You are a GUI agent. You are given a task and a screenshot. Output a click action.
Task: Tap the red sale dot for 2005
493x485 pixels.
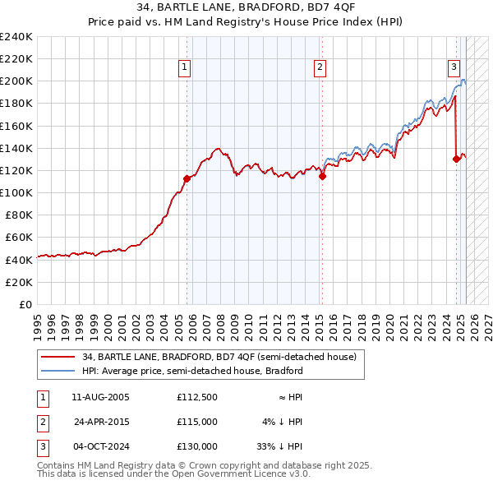coord(187,178)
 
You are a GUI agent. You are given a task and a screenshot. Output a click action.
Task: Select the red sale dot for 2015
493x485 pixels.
coord(323,175)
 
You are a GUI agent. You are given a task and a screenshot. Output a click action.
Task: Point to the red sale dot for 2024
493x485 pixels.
coord(456,159)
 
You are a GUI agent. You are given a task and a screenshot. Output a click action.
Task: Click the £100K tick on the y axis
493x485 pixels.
coord(16,192)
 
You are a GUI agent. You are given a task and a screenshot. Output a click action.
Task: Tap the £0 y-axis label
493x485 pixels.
coord(25,304)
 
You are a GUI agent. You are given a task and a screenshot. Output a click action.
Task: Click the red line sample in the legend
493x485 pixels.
coord(58,357)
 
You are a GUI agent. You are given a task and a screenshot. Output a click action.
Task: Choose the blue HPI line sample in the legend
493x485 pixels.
coord(58,371)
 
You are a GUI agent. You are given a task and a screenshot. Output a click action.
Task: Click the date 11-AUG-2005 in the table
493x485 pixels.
coord(100,397)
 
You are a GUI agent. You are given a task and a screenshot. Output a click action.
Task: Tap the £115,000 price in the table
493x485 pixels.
coord(196,422)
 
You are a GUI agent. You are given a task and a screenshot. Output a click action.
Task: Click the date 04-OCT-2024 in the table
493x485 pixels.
coord(100,446)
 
